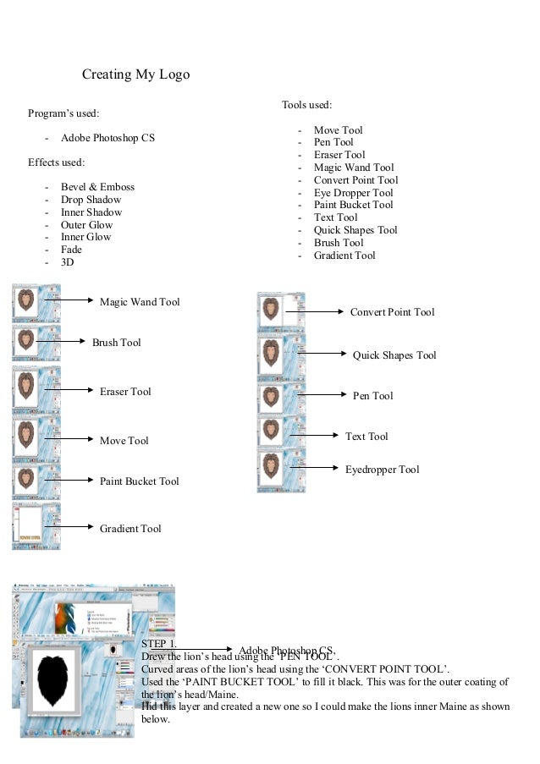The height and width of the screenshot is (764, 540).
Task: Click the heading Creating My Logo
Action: point(135,74)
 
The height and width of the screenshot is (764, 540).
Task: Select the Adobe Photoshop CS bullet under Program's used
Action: point(107,137)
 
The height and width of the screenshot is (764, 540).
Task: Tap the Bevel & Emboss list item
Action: point(97,187)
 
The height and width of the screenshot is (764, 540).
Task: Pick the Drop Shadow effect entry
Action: point(91,200)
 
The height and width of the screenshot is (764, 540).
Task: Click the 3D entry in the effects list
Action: point(68,262)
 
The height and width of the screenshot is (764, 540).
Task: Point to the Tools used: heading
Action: point(306,105)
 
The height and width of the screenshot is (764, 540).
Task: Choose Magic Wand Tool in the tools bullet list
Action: point(354,168)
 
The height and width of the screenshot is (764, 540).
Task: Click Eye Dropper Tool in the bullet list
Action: point(353,193)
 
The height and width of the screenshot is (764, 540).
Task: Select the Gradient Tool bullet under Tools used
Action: point(344,256)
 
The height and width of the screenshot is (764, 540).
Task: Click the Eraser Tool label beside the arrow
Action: point(125,392)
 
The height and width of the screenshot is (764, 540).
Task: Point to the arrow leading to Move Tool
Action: point(67,439)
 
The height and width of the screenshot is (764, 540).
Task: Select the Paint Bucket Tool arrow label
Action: point(140,481)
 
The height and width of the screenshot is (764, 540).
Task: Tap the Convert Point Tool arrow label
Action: point(392,312)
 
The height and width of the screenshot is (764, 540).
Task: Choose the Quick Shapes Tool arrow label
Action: point(394,355)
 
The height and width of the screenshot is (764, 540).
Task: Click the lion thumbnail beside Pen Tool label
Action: point(281,396)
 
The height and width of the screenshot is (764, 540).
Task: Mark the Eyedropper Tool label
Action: point(382,470)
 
